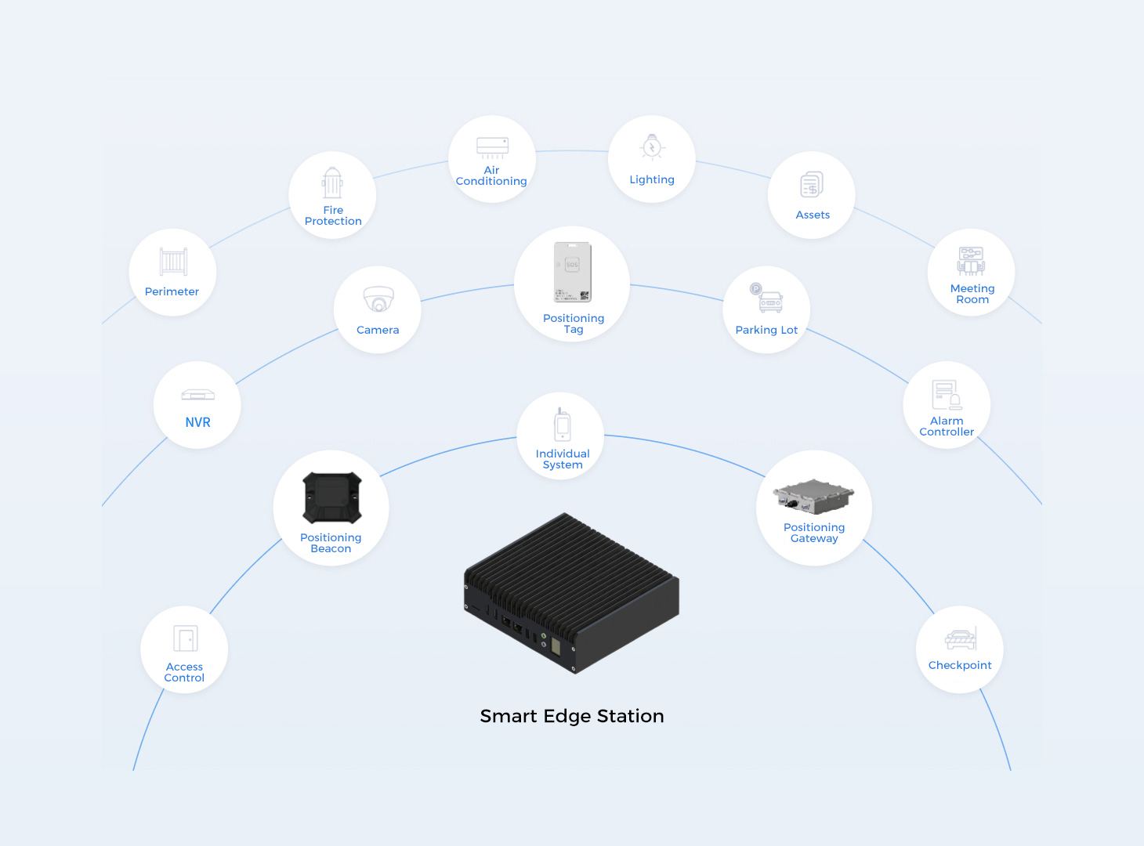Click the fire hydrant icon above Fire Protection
click(x=332, y=183)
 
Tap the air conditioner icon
click(x=492, y=147)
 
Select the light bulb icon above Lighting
click(x=652, y=147)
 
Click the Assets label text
click(x=813, y=215)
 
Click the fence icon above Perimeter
click(x=173, y=262)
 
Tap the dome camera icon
click(x=378, y=299)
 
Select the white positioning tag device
click(x=573, y=272)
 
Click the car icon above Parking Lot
click(x=767, y=299)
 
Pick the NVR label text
click(x=197, y=422)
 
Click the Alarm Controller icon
click(x=947, y=395)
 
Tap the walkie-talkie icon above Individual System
click(x=563, y=425)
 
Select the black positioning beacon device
click(x=332, y=497)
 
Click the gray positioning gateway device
click(x=813, y=497)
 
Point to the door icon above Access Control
click(x=186, y=638)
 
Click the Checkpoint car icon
click(x=961, y=639)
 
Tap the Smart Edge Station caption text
click(x=572, y=716)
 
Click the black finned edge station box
click(x=572, y=592)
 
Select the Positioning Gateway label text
click(x=814, y=533)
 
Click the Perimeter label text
click(x=172, y=291)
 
